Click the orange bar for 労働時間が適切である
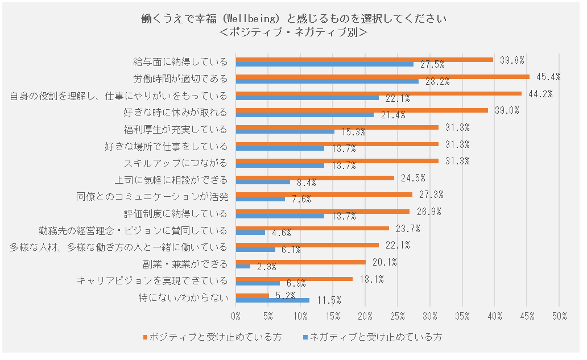click(x=382, y=77)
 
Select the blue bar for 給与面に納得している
click(x=325, y=64)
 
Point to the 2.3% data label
click(x=267, y=266)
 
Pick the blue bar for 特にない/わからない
click(x=272, y=300)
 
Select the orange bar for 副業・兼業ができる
click(x=301, y=262)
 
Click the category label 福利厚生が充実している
click(x=175, y=129)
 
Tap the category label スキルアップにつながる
click(x=175, y=163)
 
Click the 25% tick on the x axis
click(x=398, y=316)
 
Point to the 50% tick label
click(x=559, y=316)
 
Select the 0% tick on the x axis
click(x=236, y=316)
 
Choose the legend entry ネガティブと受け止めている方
click(x=374, y=337)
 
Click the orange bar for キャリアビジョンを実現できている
click(x=294, y=279)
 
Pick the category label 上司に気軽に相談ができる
click(x=171, y=180)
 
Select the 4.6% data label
click(x=282, y=233)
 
